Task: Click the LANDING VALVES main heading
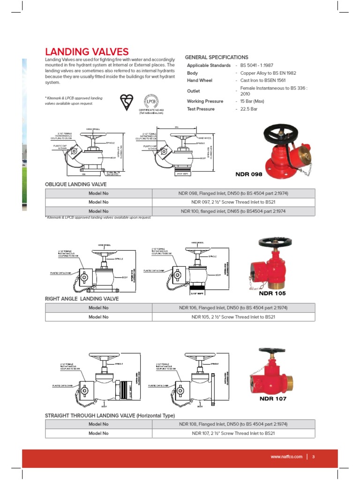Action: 86,52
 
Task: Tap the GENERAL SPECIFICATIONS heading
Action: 217,57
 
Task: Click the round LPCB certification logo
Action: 151,101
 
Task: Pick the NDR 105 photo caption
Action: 272,293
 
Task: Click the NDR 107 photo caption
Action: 273,399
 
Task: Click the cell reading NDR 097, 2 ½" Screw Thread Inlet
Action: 233,202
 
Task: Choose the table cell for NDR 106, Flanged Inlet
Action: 233,308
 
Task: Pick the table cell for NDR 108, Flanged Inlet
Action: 233,424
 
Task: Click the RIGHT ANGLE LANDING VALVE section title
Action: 82,299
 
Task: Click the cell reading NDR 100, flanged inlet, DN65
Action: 233,211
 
